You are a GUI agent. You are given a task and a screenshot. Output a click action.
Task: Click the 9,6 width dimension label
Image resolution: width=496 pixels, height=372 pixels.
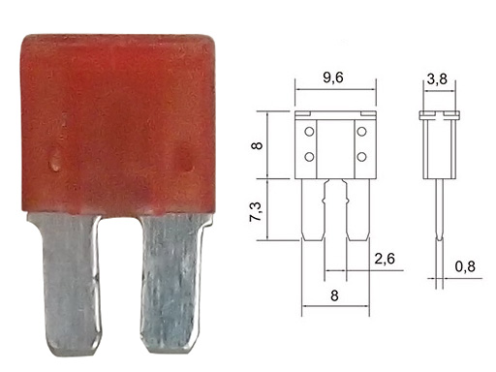click(x=332, y=77)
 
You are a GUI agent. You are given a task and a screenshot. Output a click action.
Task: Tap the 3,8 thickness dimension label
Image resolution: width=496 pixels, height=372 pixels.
click(x=437, y=79)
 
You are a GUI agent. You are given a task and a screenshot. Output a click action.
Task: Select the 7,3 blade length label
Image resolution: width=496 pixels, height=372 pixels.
click(x=257, y=212)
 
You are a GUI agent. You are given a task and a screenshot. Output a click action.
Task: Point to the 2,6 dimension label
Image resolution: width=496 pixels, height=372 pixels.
click(x=385, y=259)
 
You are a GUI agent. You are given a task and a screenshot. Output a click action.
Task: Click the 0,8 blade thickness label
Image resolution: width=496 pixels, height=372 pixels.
click(x=465, y=266)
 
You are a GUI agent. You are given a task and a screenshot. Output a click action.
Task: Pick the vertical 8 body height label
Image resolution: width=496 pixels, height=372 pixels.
click(x=257, y=145)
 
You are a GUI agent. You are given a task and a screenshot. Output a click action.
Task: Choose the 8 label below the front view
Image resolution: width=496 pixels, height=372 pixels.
click(x=334, y=295)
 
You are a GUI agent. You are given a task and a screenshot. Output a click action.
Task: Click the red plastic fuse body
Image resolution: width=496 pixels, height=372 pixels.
click(x=118, y=124)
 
